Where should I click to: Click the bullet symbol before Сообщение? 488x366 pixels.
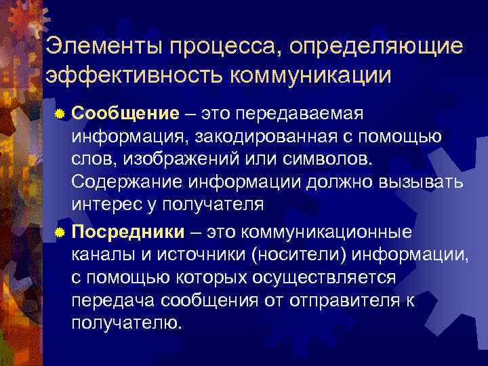click(x=60, y=113)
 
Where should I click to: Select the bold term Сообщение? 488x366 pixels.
click(x=125, y=112)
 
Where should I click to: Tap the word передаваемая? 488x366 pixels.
click(x=308, y=112)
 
